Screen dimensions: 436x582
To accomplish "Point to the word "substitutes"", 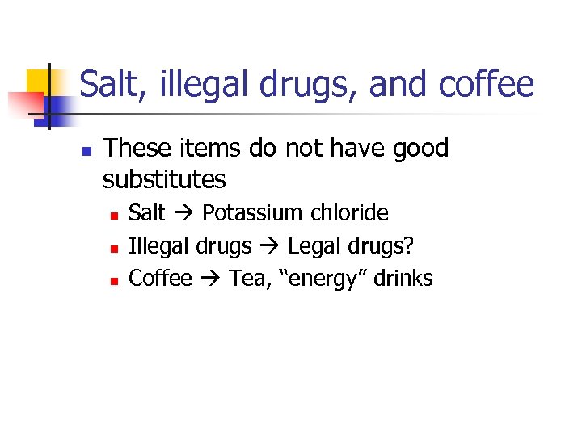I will [x=164, y=179].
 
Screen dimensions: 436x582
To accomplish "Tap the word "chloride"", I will [x=348, y=213].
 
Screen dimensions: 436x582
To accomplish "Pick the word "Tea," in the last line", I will [x=251, y=279].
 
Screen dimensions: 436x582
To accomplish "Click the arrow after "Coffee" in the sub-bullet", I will [x=210, y=279].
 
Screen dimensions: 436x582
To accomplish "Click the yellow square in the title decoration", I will [x=39, y=81].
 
